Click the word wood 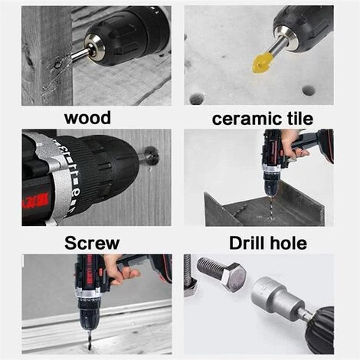(x=87, y=118)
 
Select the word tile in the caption (x=298, y=118)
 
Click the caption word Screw (x=92, y=243)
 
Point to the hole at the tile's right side (x=308, y=90)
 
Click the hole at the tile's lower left (x=197, y=99)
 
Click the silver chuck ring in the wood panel (x=94, y=48)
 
